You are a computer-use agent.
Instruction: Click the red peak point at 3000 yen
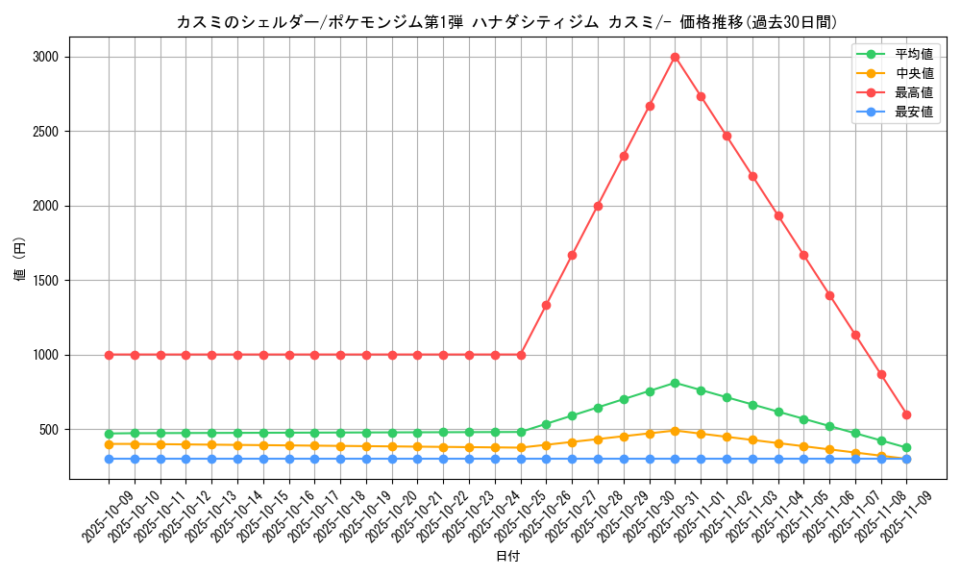coord(675,57)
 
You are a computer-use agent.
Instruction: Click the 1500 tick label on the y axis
coord(46,281)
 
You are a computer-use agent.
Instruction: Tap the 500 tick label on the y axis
coord(49,430)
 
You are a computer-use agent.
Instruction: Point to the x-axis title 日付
coord(507,557)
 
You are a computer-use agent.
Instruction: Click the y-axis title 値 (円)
coord(20,261)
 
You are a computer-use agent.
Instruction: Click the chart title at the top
coord(506,21)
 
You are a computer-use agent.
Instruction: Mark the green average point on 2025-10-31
coord(675,383)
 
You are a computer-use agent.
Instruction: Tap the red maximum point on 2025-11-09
coord(906,414)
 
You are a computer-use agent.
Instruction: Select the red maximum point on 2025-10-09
coord(109,355)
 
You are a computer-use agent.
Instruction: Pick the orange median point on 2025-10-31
coord(675,431)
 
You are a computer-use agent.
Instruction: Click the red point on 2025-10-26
coord(546,305)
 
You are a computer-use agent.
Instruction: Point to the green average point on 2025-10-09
coord(109,434)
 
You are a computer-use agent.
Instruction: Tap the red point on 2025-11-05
coord(803,255)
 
